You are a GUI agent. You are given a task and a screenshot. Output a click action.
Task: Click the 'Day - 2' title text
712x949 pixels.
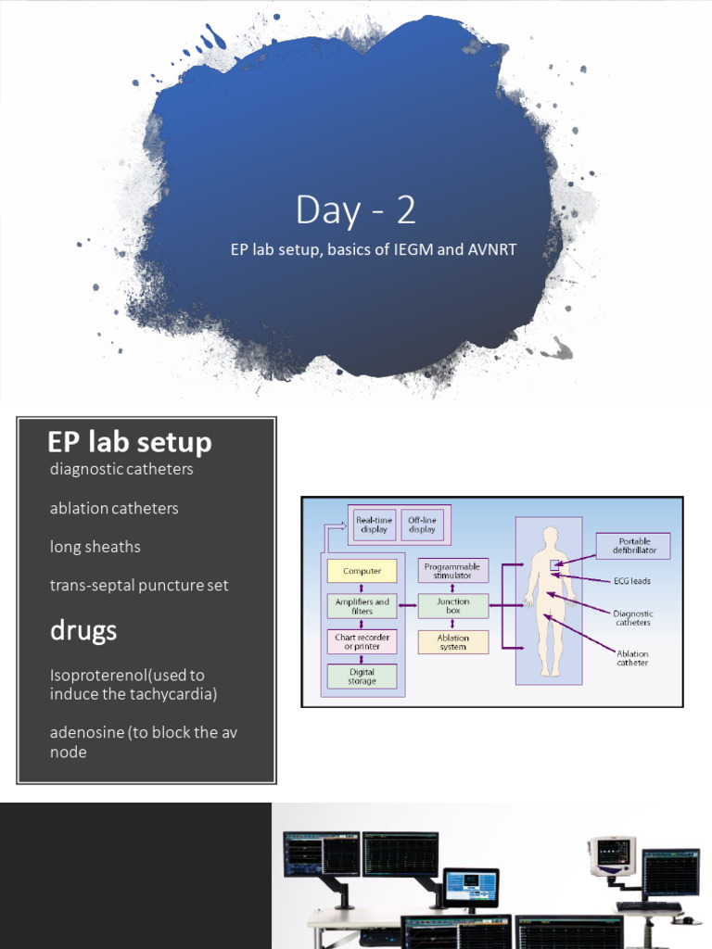click(355, 210)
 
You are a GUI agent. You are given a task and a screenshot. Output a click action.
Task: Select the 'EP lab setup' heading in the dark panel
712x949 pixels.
click(130, 442)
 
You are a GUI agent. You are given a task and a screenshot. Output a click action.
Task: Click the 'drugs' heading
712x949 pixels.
click(83, 630)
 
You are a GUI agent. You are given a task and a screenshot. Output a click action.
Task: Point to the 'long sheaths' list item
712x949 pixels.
click(95, 547)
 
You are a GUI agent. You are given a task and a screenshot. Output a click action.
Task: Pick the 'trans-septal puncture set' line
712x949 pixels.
click(139, 586)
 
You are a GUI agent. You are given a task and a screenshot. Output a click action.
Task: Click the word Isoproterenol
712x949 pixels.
click(102, 675)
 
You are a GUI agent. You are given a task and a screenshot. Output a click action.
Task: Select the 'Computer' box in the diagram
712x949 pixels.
click(362, 571)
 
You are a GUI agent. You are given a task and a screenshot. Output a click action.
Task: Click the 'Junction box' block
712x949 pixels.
click(453, 607)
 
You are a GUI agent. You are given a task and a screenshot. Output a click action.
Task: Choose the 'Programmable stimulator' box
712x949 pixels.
click(453, 571)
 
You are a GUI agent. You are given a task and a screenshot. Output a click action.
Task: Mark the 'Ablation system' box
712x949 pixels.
click(453, 642)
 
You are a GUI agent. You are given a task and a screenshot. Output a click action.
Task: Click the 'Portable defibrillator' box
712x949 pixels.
click(632, 546)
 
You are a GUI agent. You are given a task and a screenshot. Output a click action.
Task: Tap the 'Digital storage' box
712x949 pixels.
click(362, 677)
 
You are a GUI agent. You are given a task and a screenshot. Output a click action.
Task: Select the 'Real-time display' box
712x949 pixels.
click(373, 525)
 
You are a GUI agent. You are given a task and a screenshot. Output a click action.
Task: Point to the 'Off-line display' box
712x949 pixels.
click(422, 525)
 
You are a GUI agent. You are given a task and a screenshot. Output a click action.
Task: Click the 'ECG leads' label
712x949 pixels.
click(632, 581)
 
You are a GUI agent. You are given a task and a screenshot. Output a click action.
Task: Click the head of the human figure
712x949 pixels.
click(551, 536)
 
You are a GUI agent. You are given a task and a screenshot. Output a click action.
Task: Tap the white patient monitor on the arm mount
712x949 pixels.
click(611, 854)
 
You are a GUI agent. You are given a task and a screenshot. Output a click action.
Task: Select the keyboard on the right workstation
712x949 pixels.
click(648, 906)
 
